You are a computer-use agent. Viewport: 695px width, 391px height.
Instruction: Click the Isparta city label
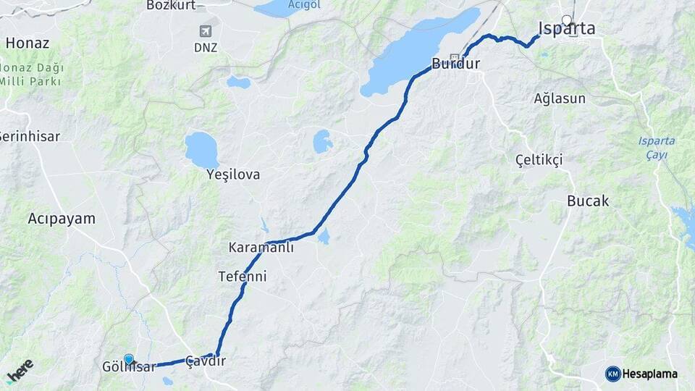(567, 30)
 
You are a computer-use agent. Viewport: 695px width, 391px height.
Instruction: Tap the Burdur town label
(456, 64)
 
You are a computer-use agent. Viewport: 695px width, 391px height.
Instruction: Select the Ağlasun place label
(560, 98)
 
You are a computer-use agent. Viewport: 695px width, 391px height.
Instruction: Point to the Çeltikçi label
(539, 160)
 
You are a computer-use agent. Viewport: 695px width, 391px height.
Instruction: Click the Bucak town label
(588, 201)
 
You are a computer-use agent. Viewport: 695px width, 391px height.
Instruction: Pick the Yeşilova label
(233, 175)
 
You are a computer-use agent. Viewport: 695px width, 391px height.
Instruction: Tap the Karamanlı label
(261, 248)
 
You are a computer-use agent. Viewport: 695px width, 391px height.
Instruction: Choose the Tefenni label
(243, 277)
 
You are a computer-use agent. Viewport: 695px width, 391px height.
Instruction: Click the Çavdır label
(206, 361)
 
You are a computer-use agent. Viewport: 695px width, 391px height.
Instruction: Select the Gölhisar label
(130, 368)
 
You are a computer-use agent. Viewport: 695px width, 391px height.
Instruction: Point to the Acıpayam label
(62, 218)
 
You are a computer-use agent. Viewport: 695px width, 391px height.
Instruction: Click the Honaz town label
(27, 43)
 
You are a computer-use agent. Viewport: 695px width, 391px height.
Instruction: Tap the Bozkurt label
(172, 5)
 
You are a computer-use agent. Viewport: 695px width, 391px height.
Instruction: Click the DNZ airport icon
(206, 31)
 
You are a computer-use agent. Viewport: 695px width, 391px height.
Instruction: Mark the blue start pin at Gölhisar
(129, 359)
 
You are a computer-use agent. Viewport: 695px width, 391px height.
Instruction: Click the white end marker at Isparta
(567, 21)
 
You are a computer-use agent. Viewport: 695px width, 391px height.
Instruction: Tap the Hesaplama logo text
(649, 374)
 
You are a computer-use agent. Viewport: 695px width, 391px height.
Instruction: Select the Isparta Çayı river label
(657, 147)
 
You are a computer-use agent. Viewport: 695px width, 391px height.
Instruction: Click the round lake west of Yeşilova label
(202, 149)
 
